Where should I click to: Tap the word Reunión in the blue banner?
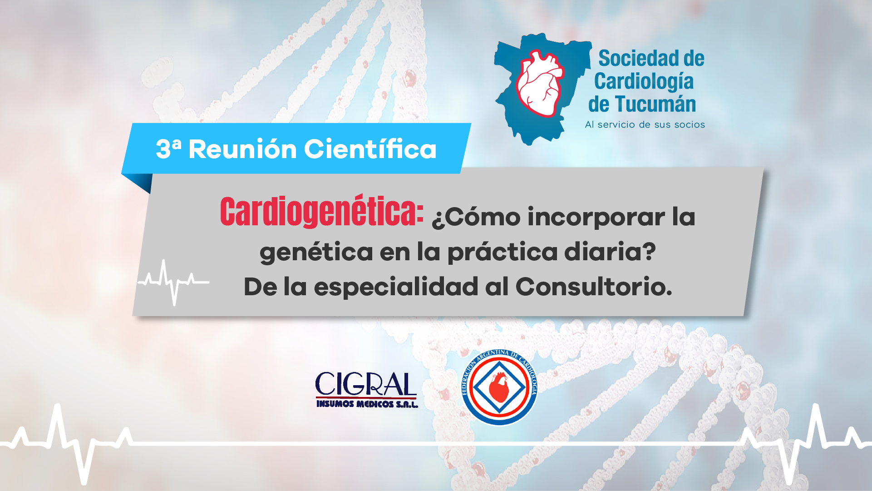pos(242,149)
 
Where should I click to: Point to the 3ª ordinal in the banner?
pos(168,149)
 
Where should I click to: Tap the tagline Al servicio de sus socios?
pos(645,124)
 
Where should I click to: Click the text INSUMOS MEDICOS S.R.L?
pos(367,404)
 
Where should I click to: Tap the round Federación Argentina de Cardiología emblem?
pos(499,387)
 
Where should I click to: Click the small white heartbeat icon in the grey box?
pos(173,282)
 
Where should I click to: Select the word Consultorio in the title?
pos(594,287)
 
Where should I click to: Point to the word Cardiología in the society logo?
pos(644,82)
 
